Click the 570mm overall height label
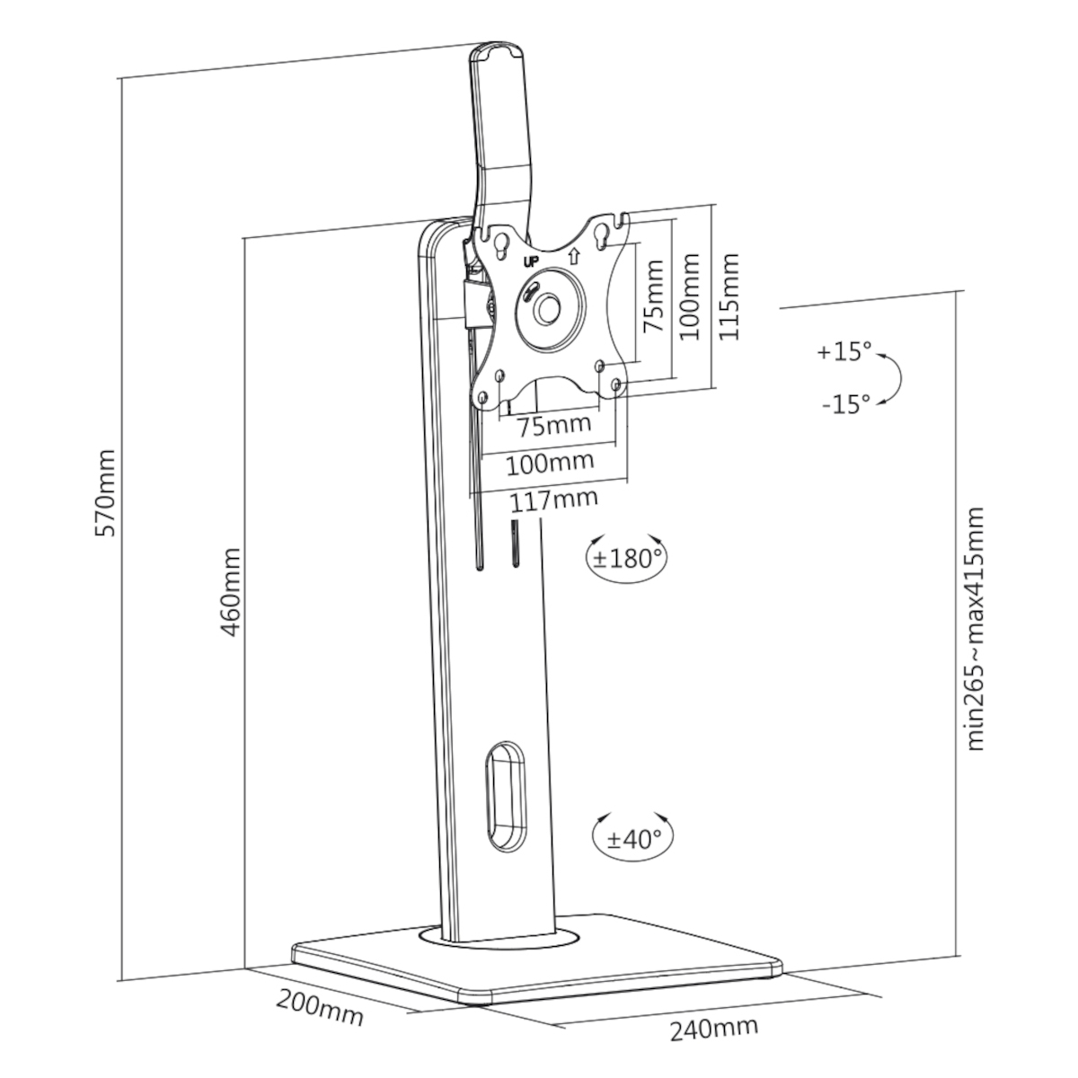click(x=105, y=493)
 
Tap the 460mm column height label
click(x=230, y=592)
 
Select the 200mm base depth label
click(x=320, y=1008)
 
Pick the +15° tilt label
click(x=844, y=352)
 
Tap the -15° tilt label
click(x=846, y=403)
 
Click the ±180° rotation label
click(x=628, y=558)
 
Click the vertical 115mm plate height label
click(x=729, y=296)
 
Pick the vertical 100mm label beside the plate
click(x=689, y=296)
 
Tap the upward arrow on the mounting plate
click(x=573, y=256)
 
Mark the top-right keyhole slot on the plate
click(x=601, y=234)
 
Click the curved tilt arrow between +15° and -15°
click(x=896, y=379)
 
